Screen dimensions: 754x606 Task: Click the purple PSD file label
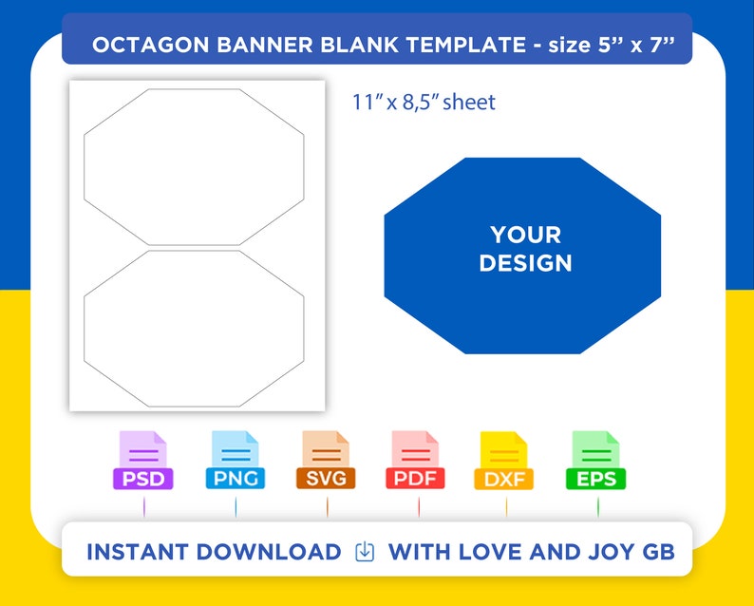coord(142,479)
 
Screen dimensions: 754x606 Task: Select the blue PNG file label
coord(236,478)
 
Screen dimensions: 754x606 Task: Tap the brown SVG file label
coord(326,478)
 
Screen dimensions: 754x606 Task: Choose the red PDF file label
coord(415,478)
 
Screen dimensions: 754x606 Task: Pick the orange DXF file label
coord(504,479)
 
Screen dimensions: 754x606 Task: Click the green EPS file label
coord(595,479)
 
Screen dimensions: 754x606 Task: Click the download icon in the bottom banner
coord(365,552)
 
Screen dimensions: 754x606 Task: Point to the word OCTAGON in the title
coord(150,45)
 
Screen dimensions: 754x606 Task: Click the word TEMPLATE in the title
coord(466,45)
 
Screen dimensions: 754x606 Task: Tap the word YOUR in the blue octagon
coord(525,235)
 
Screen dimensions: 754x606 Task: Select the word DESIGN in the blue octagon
coord(525,263)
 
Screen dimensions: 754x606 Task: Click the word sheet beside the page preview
coord(469,102)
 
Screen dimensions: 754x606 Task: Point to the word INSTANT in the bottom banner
coord(138,552)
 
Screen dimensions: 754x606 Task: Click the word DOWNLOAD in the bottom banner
coord(269,552)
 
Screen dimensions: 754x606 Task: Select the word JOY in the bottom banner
coord(611,552)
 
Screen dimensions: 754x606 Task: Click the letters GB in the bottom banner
coord(658,552)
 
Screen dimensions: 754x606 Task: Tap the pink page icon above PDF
coord(415,449)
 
